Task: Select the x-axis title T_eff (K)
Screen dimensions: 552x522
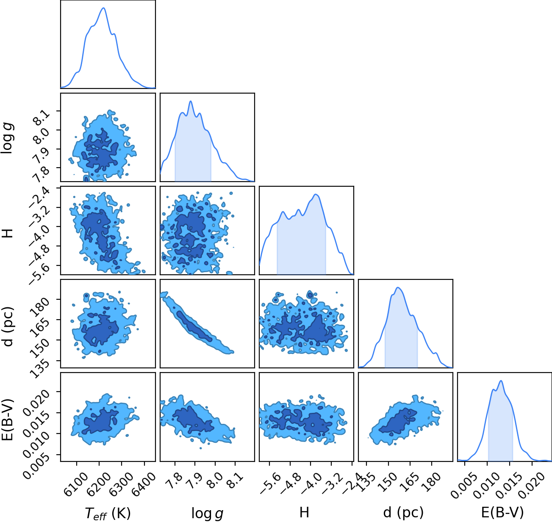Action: pos(108,514)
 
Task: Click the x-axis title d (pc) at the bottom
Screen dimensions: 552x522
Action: pos(403,512)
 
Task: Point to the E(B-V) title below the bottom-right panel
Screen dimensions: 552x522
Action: pos(502,512)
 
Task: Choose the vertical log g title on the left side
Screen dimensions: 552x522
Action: pos(7,138)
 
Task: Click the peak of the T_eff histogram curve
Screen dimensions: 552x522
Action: pos(104,8)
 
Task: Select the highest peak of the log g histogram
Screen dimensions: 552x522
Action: pos(191,101)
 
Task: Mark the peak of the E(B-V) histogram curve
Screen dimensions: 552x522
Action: pos(501,381)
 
